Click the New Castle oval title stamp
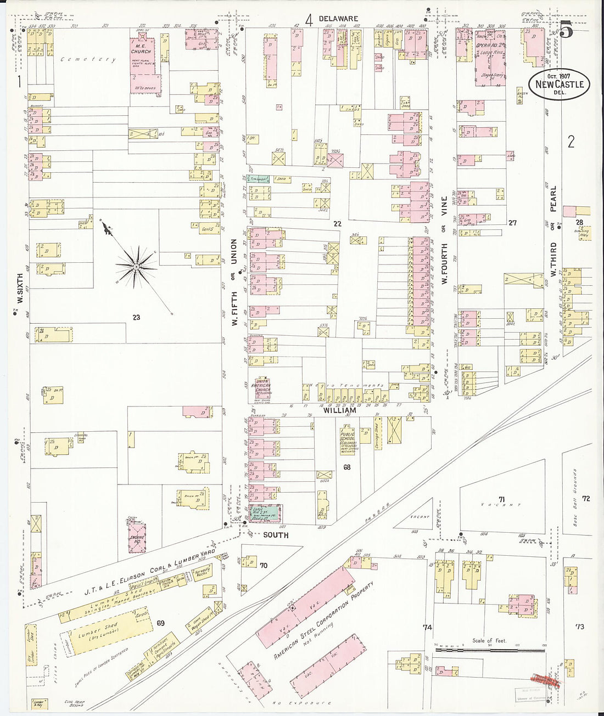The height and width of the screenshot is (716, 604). (x=559, y=84)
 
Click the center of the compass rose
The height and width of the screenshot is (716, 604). (x=135, y=267)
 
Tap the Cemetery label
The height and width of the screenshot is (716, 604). (x=88, y=59)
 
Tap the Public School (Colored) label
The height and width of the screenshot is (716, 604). (x=347, y=441)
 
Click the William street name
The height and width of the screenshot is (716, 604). (x=339, y=410)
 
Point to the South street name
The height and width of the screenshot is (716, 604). (x=276, y=534)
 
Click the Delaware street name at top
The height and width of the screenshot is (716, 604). (x=338, y=19)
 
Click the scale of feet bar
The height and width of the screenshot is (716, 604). (x=490, y=650)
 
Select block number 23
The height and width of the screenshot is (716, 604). (x=136, y=317)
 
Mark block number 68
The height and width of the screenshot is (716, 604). (x=346, y=467)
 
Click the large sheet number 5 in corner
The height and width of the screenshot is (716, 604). (x=566, y=31)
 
